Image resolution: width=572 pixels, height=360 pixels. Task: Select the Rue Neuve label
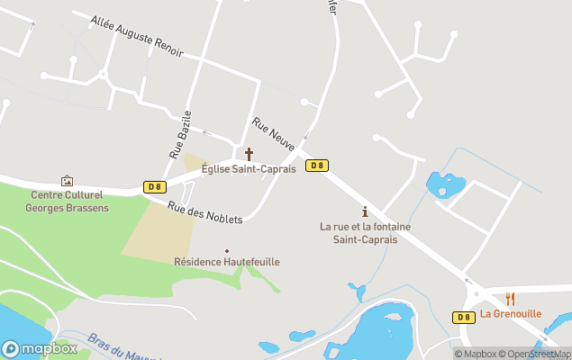(x=274, y=133)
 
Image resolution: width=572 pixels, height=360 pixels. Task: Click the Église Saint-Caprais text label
(x=249, y=169)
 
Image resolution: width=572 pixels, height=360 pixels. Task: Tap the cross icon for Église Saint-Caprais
(x=250, y=154)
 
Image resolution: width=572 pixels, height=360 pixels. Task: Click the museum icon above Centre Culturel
(x=66, y=181)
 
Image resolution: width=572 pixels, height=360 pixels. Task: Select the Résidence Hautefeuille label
(x=227, y=262)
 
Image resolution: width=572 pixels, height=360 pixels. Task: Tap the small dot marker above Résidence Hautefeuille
(x=227, y=251)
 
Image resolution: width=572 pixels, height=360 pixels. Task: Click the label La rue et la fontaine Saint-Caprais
(x=365, y=233)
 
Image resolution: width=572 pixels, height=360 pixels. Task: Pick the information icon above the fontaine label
(x=365, y=211)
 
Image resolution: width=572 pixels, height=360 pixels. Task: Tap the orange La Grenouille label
(x=511, y=314)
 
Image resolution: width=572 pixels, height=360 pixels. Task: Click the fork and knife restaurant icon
(x=510, y=298)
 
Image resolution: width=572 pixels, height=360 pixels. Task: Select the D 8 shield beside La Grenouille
(x=463, y=317)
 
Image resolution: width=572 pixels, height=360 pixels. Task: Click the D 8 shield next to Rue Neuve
(x=316, y=166)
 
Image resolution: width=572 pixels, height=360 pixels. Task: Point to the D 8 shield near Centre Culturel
(x=154, y=187)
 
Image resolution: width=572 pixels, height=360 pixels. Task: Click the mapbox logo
(x=39, y=348)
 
